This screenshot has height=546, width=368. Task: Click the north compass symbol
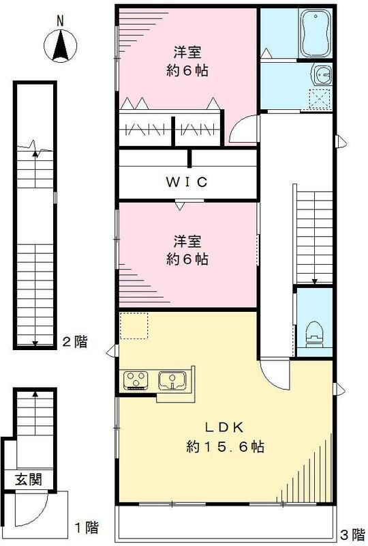(x=60, y=46)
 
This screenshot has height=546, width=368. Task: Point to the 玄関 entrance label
(x=25, y=479)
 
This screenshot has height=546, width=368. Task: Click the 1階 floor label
(x=87, y=527)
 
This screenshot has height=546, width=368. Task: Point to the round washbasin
(x=320, y=73)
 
